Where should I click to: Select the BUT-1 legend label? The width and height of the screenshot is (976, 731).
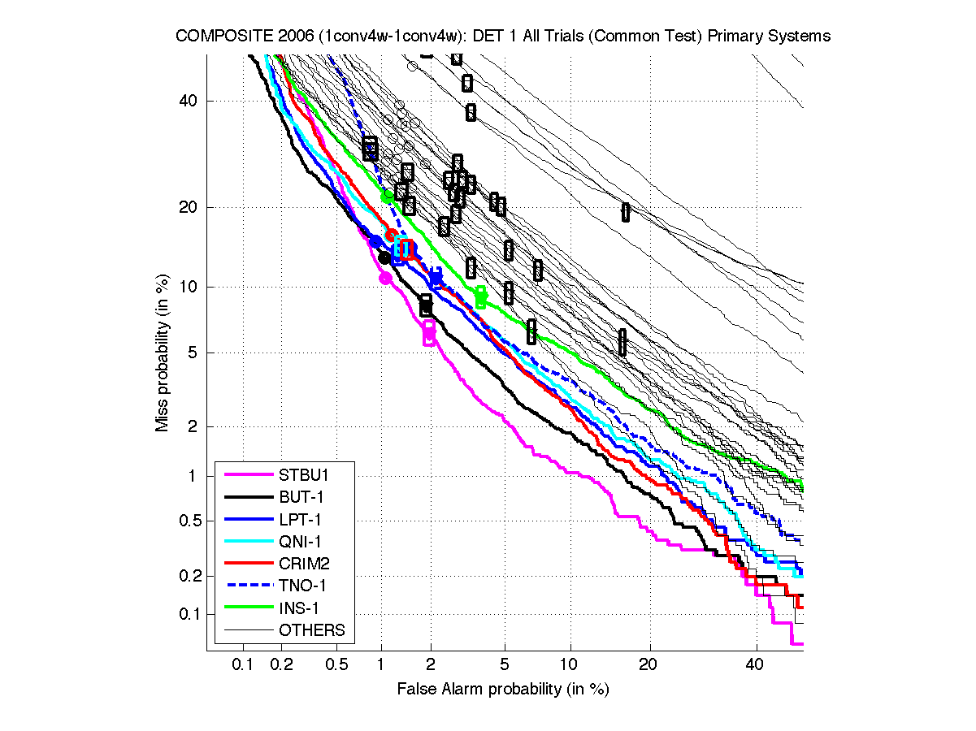(297, 497)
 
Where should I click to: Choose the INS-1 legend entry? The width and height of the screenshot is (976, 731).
(297, 608)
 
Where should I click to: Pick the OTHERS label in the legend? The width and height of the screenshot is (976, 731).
(312, 629)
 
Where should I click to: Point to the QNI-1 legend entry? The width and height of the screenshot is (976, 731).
(297, 541)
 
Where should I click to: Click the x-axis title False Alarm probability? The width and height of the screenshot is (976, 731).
(502, 690)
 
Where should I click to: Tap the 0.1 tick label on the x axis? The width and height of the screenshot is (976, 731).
(242, 664)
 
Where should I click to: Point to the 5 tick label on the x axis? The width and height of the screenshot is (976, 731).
(505, 664)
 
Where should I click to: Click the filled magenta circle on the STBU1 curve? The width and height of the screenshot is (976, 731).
(386, 278)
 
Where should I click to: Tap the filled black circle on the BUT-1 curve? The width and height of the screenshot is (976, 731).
(384, 257)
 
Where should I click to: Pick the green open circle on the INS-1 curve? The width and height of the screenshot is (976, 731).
(388, 196)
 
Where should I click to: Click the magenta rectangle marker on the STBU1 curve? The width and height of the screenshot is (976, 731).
(429, 332)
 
